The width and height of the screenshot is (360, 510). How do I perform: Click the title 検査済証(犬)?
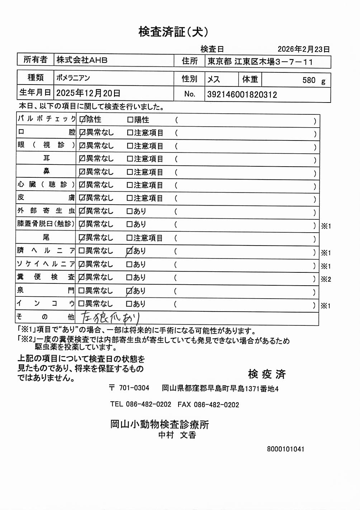point(173,32)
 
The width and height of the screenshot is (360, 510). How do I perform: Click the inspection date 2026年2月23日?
point(303,49)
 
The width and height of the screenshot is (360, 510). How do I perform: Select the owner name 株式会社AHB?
point(82,60)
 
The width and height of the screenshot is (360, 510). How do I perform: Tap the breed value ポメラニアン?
point(73,78)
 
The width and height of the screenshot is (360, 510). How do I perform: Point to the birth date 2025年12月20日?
point(88,93)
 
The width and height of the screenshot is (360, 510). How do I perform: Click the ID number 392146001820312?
point(242,95)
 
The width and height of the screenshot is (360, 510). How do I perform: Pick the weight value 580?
point(308,80)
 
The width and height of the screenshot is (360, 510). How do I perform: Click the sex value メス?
point(214,79)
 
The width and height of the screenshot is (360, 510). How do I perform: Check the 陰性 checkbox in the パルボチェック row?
point(82,119)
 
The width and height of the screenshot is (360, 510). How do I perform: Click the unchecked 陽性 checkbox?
point(130,120)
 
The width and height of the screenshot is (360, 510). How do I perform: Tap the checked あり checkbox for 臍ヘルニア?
point(129,252)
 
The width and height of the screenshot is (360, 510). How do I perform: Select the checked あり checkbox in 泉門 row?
point(129,291)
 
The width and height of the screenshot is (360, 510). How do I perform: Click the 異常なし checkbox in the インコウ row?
point(81,304)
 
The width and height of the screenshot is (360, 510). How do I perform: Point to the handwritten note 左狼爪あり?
point(110,317)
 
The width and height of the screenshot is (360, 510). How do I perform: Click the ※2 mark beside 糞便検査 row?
point(326,279)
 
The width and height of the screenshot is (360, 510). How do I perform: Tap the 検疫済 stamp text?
point(267,374)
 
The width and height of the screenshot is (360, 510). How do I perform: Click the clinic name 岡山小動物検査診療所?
point(160,424)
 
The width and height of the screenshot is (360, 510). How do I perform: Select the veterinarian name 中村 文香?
point(177,435)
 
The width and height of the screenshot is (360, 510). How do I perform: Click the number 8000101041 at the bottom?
point(285,449)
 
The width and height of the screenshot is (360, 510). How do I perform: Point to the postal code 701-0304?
point(134,388)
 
